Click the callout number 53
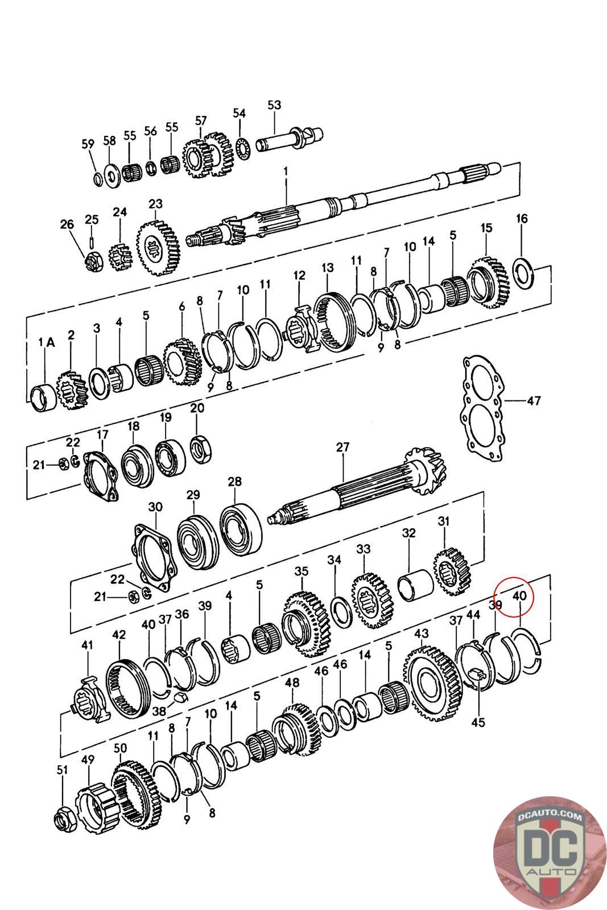tap(274, 105)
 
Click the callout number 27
tap(342, 447)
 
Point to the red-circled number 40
tap(518, 596)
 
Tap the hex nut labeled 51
tap(63, 820)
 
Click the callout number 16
tap(522, 218)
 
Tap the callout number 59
tap(88, 144)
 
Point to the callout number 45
tap(478, 722)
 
